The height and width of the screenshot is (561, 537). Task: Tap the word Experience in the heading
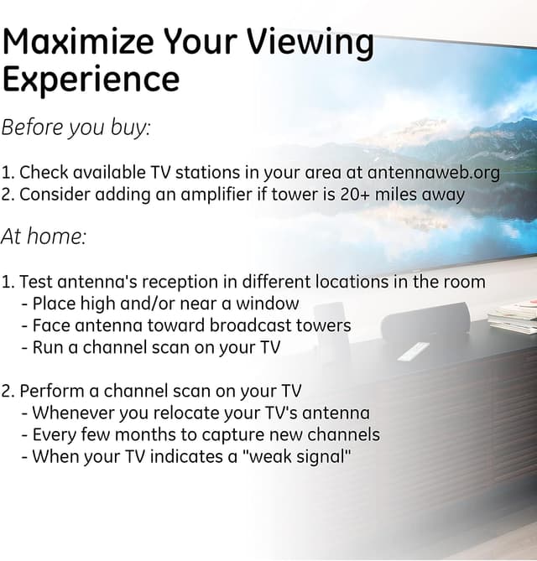[x=91, y=80]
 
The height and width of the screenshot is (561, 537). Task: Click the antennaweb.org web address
[x=434, y=173]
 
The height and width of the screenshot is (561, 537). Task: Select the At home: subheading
[x=44, y=236]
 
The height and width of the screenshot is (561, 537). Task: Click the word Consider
[x=53, y=195]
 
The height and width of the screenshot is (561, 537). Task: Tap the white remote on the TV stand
[x=413, y=351]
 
